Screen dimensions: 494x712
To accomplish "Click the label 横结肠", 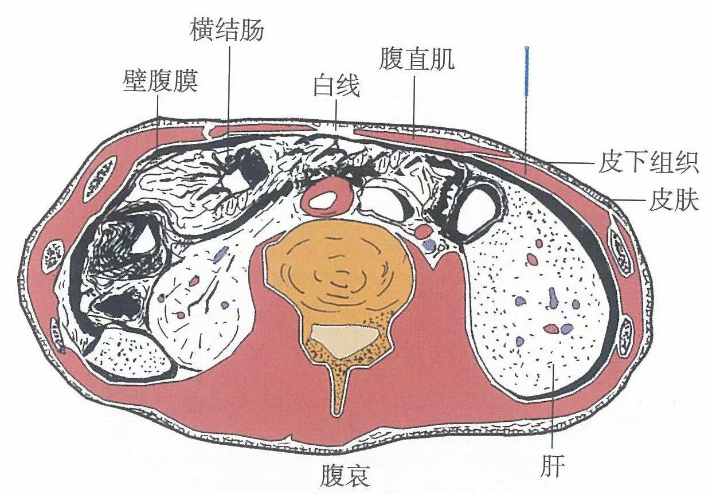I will tap(228, 30).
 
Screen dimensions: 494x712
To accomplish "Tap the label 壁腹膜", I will tap(161, 82).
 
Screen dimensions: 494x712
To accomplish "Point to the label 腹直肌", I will tap(417, 60).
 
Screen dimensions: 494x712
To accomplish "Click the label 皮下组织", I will tap(648, 164).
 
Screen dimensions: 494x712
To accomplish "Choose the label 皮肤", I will tap(674, 202).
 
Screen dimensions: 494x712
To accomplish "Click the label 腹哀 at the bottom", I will tap(345, 475).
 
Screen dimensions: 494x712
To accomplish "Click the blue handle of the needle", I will tap(526, 72).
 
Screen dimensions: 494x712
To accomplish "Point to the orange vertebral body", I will tap(338, 275).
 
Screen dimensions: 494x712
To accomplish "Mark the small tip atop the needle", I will tap(526, 46).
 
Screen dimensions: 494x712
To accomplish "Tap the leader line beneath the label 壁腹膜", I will tap(158, 123).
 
